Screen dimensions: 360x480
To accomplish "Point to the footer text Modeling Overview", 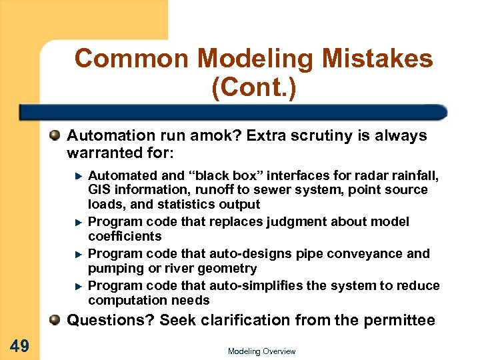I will pyautogui.click(x=261, y=351).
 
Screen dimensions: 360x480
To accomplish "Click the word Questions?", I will pyautogui.click(x=111, y=320).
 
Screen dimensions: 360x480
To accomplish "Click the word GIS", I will pyautogui.click(x=99, y=190).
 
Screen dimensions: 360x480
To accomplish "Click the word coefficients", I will pyautogui.click(x=125, y=236).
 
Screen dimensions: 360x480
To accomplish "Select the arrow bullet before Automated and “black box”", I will pyautogui.click(x=78, y=176).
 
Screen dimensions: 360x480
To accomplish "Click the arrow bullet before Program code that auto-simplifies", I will pyautogui.click(x=78, y=285).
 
